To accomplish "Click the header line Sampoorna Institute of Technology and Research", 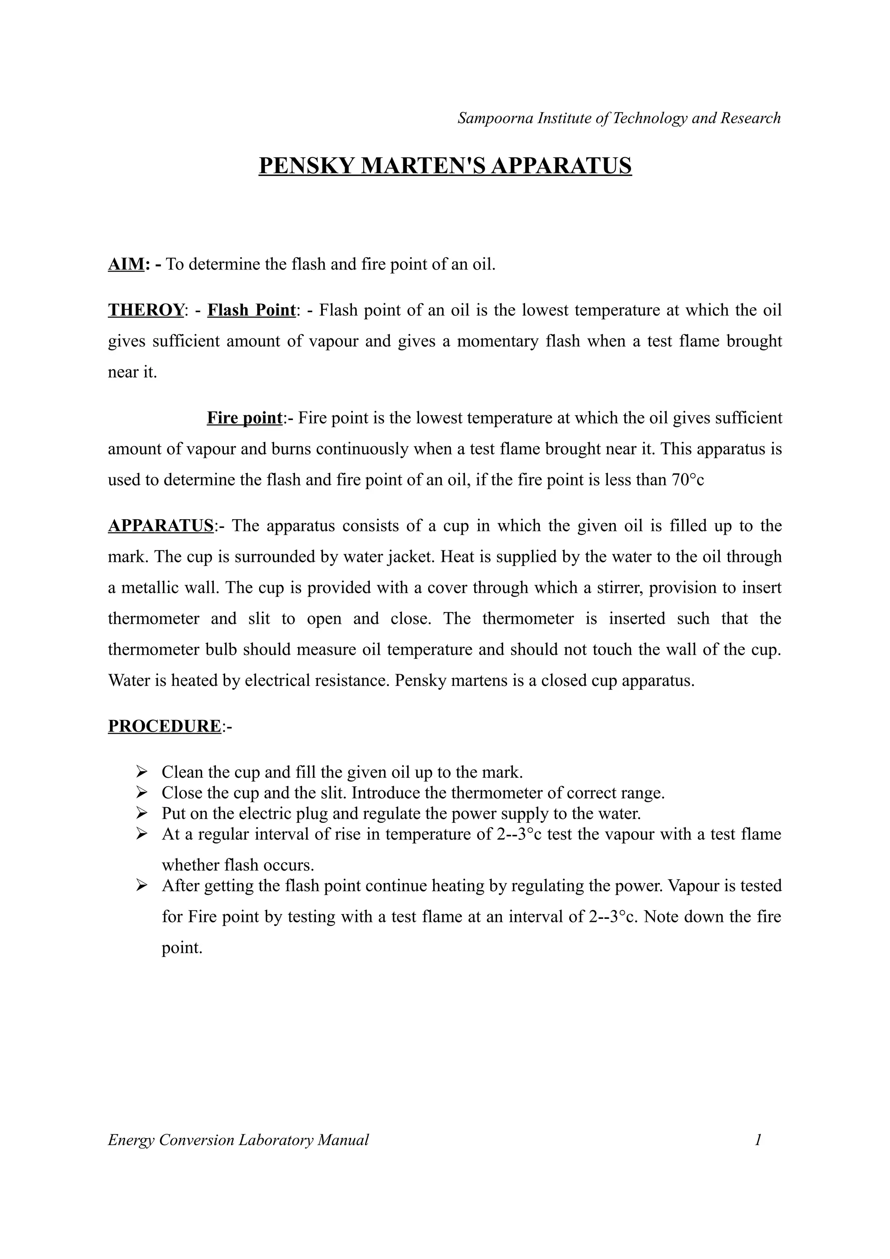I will tap(618, 118).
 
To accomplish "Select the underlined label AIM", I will tap(126, 264).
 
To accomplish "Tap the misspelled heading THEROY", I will tap(145, 310).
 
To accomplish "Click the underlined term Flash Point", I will tap(251, 310).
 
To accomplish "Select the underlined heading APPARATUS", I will tap(160, 526).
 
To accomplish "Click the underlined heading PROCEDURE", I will tap(164, 726).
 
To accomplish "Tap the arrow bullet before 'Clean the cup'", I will tap(142, 772).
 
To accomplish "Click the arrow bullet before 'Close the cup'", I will tap(142, 792).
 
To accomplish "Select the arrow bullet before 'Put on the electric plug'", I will tap(142, 813).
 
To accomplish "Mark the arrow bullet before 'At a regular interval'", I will tap(142, 834).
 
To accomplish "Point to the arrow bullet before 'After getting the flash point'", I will tap(142, 885).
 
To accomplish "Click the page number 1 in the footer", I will tap(758, 1140).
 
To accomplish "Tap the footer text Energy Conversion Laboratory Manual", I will tap(238, 1140).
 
